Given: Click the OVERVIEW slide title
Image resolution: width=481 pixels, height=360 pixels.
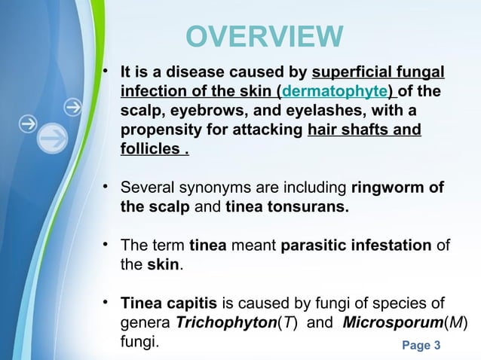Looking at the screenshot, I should pyautogui.click(x=264, y=36).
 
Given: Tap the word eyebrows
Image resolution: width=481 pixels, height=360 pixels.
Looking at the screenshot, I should pyautogui.click(x=203, y=111).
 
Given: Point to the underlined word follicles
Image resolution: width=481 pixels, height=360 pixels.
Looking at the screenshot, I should pyautogui.click(x=149, y=149).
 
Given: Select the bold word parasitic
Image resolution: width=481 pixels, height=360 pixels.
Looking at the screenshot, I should pyautogui.click(x=313, y=246).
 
